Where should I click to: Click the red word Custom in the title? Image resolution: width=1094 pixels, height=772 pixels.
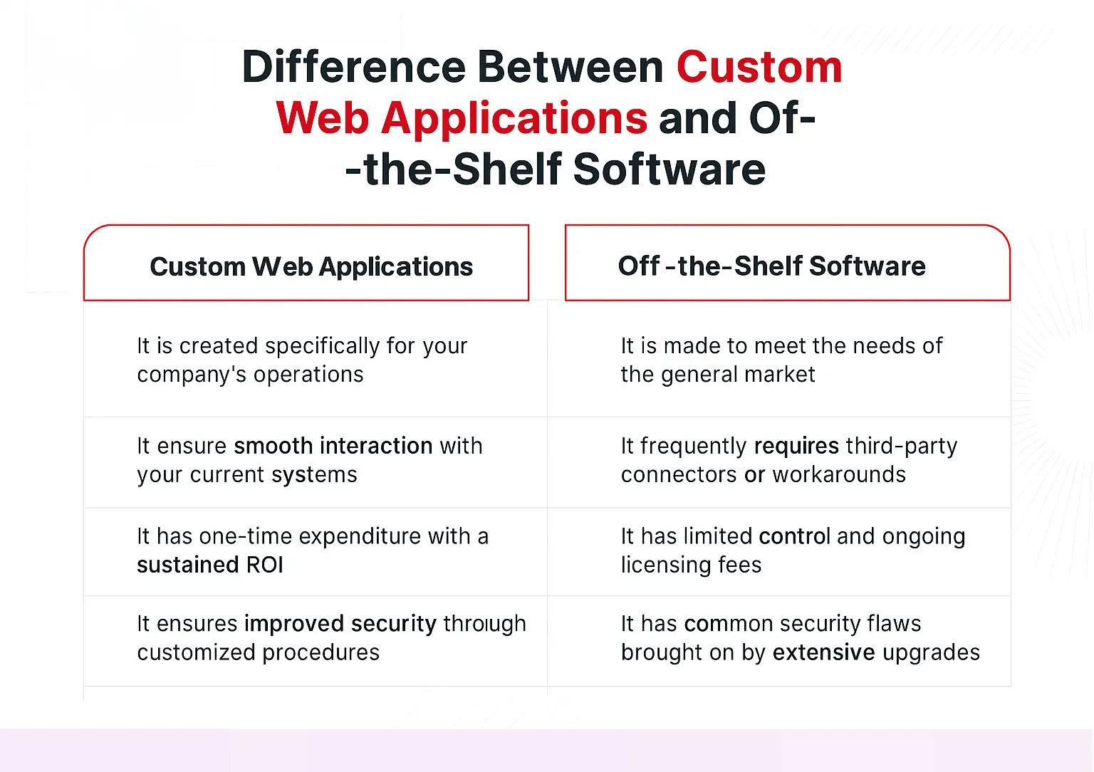click(x=759, y=67)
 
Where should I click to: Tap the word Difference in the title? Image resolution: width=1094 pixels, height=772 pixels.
click(x=354, y=67)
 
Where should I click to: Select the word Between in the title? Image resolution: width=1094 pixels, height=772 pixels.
click(x=571, y=67)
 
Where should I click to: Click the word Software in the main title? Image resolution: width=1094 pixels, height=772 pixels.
click(x=669, y=169)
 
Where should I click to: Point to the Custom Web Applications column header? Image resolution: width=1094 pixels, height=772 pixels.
click(x=311, y=267)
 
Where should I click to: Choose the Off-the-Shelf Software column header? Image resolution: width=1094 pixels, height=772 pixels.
click(x=771, y=266)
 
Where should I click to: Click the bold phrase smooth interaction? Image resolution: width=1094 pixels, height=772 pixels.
click(x=333, y=446)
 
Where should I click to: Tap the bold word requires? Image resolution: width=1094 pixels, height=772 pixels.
click(x=796, y=447)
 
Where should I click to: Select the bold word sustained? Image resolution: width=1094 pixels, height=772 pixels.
click(x=187, y=565)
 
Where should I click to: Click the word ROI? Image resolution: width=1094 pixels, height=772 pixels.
click(x=265, y=565)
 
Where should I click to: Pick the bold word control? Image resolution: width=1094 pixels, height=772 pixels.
click(x=794, y=536)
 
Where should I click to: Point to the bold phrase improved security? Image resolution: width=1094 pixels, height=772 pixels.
click(x=340, y=624)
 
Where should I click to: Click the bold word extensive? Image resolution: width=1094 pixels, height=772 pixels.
click(x=823, y=652)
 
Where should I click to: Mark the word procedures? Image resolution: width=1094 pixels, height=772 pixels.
click(x=321, y=653)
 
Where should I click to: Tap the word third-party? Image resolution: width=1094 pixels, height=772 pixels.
click(x=902, y=447)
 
